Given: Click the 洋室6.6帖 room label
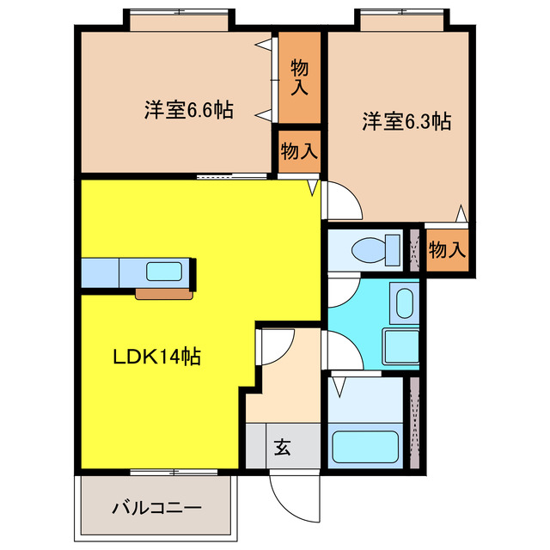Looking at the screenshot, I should (x=188, y=111).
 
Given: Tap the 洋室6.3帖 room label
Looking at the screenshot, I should (x=406, y=122).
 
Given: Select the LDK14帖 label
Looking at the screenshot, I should (x=158, y=357).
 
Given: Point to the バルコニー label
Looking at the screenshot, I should (x=157, y=507).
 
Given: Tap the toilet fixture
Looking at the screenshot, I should (x=373, y=250).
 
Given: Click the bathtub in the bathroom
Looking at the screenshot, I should (x=365, y=446).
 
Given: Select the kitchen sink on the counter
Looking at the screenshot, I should (x=163, y=272).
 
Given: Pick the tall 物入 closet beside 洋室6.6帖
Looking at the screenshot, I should (x=299, y=77).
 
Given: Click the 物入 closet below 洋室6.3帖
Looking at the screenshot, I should (x=447, y=250).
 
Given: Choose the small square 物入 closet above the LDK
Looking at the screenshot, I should (x=299, y=151).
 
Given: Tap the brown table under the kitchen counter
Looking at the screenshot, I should (x=163, y=294).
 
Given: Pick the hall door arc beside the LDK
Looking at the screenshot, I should (x=275, y=347).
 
